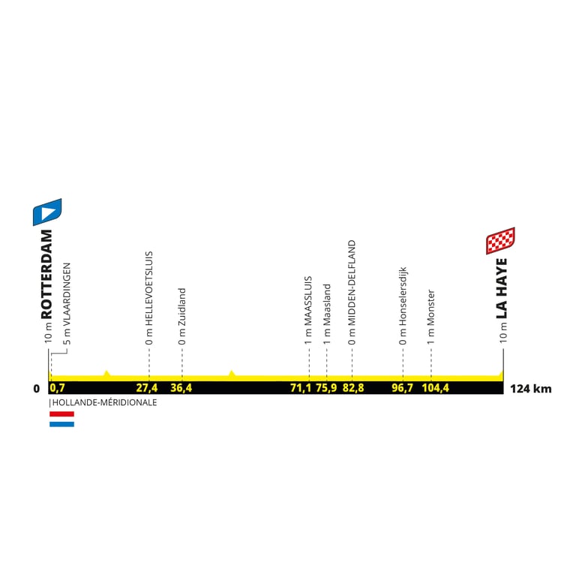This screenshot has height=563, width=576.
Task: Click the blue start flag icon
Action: coord(47,212)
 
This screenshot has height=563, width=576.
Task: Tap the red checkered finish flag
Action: coord(499,241)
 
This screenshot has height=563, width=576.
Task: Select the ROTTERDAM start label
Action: coord(47,274)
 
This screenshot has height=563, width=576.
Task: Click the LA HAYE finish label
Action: coord(502,288)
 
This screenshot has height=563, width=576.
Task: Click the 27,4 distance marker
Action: coord(147,389)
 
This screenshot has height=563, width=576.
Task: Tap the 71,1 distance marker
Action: coord(301,389)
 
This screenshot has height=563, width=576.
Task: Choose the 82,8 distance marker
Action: coord(352,389)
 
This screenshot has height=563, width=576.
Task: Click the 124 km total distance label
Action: coord(530,389)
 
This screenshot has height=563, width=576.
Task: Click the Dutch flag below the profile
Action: coord(61,419)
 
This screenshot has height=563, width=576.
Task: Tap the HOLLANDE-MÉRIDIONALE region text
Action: coord(104,402)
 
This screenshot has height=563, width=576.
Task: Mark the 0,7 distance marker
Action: coord(58,389)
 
